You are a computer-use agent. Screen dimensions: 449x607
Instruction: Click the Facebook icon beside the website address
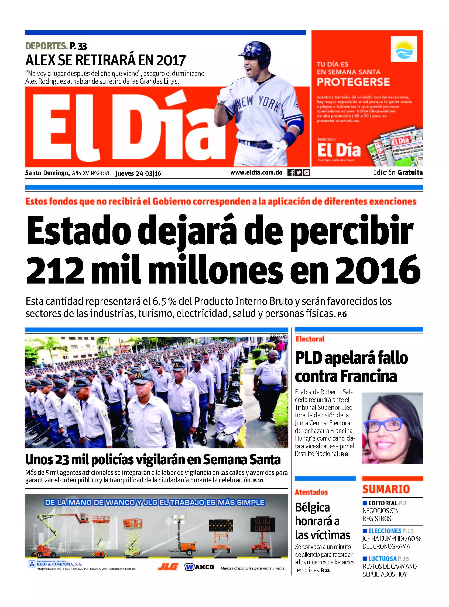(x=290, y=172)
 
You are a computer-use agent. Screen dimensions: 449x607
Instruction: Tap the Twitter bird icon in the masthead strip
(x=299, y=172)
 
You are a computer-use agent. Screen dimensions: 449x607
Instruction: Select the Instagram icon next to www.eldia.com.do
(x=307, y=172)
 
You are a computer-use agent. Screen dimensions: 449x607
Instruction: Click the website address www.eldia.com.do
(x=256, y=172)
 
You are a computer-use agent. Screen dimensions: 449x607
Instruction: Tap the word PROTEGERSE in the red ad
(x=353, y=82)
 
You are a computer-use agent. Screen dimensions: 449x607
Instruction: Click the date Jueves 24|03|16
(x=138, y=173)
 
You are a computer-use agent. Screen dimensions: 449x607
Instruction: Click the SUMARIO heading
(x=386, y=489)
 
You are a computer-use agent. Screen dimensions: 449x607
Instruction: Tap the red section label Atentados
(x=311, y=492)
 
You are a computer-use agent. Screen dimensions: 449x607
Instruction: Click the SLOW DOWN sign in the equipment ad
(x=262, y=525)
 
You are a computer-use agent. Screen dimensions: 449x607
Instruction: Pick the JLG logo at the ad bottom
(x=168, y=567)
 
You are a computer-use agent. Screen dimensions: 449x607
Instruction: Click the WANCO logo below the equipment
(x=199, y=567)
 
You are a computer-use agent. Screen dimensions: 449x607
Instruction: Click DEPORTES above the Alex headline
(x=46, y=46)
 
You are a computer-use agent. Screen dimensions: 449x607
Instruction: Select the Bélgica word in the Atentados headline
(x=312, y=507)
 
